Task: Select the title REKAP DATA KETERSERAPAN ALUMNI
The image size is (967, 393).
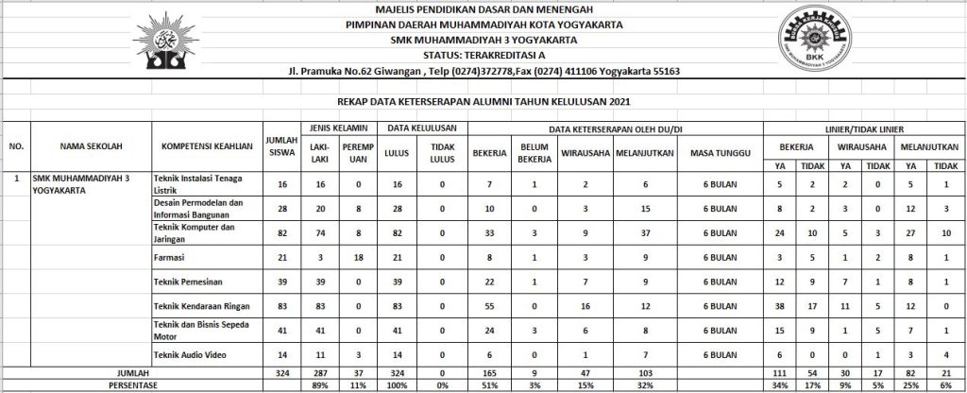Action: [483, 101]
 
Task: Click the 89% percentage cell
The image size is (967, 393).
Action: [318, 385]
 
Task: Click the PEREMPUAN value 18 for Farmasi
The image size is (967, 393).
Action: [358, 256]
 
